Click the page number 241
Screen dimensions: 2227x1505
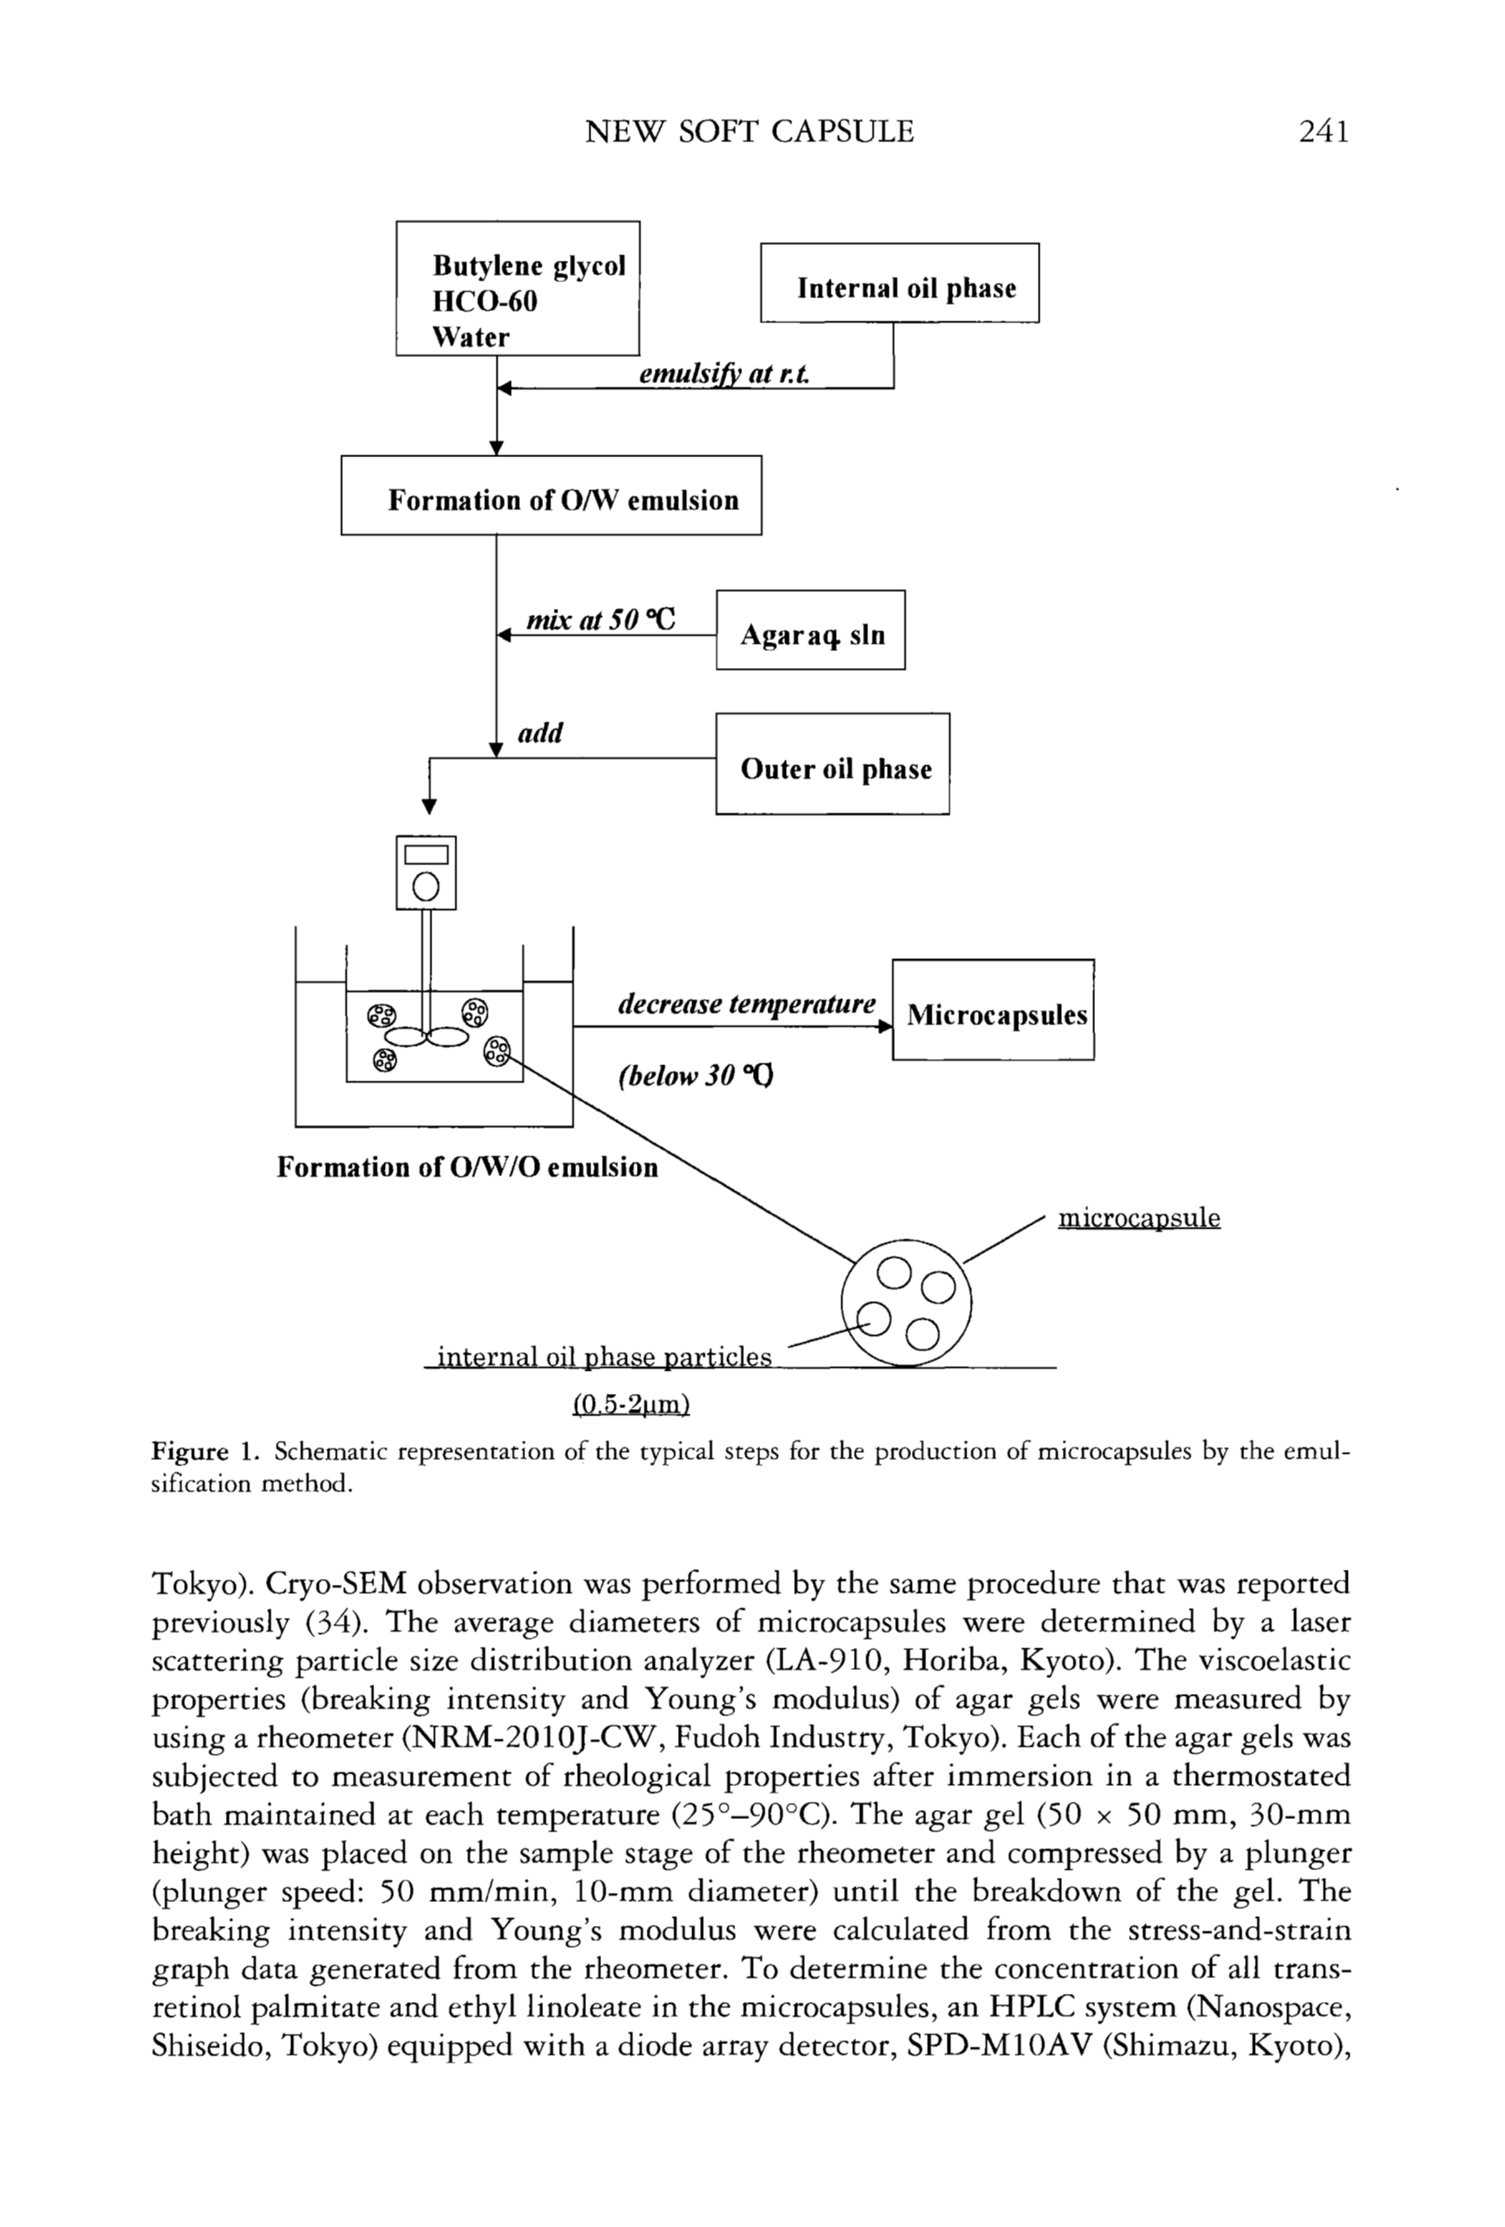[x=1324, y=130]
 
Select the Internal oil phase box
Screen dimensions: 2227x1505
[x=899, y=284]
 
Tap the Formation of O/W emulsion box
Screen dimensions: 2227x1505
[x=551, y=496]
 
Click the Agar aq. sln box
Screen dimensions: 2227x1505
[x=811, y=630]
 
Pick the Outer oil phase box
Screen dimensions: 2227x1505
[x=832, y=764]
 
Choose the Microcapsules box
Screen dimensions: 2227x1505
[x=993, y=1010]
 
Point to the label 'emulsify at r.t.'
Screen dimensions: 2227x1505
[x=723, y=374]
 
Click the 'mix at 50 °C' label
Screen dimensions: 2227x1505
[x=601, y=620]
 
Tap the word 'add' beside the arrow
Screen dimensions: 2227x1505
[x=539, y=733]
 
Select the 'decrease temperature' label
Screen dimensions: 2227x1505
[x=746, y=1004]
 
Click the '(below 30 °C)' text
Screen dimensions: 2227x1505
[x=696, y=1076]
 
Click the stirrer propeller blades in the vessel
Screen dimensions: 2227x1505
[x=427, y=1036]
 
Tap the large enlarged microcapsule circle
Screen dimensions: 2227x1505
[x=906, y=1301]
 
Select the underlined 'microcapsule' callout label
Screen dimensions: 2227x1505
[x=1139, y=1218]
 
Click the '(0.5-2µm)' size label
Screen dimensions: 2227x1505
[x=631, y=1404]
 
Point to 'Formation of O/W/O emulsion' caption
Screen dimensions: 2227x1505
[x=467, y=1167]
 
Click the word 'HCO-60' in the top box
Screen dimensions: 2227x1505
[x=484, y=301]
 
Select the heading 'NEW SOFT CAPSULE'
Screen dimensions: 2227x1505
[x=748, y=130]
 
